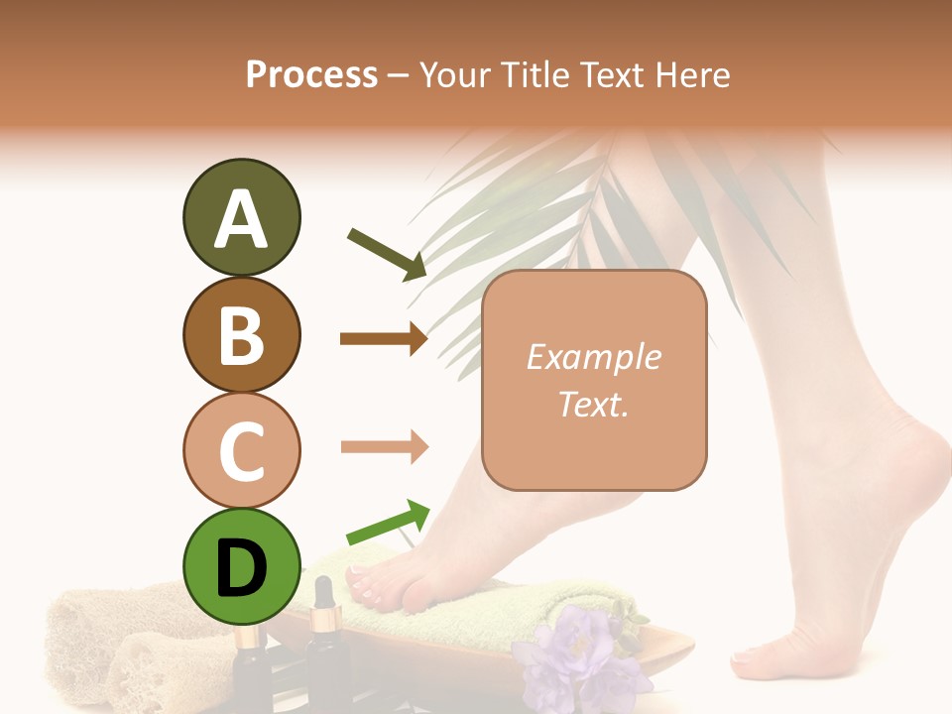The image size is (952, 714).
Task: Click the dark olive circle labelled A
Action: [x=241, y=218]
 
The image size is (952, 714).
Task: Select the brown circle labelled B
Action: [x=241, y=334]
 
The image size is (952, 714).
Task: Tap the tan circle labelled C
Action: [x=241, y=450]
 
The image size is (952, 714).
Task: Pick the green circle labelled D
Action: [x=241, y=566]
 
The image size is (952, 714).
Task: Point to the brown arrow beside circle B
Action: [x=383, y=339]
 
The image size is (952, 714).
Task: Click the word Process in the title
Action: [x=311, y=74]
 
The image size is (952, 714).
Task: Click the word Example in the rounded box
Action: [x=593, y=357]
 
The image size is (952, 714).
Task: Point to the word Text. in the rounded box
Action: [x=593, y=405]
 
